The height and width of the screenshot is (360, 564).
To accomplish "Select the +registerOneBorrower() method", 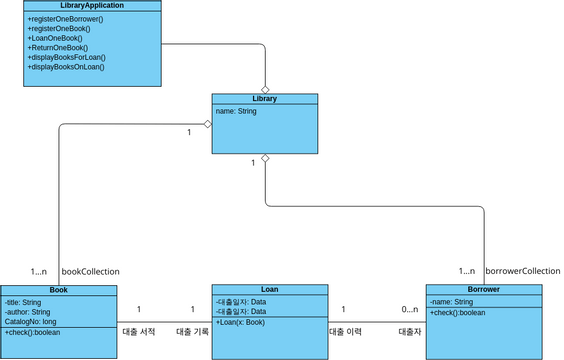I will (x=65, y=19).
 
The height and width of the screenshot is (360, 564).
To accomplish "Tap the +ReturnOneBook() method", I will (x=58, y=48).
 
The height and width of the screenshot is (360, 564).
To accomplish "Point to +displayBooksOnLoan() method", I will (x=66, y=67).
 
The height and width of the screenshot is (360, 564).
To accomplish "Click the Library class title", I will (x=265, y=99).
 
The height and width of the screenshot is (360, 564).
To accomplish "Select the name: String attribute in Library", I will (x=237, y=112).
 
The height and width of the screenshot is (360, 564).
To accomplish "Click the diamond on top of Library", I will (x=265, y=89).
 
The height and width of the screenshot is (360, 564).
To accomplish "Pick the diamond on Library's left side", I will (x=207, y=124).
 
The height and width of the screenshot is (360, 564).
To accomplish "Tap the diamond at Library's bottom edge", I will (x=265, y=159).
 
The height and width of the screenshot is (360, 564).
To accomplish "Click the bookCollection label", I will (x=91, y=271).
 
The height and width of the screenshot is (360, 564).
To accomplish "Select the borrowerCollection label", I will (x=522, y=271).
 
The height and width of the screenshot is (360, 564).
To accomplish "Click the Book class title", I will (x=58, y=290).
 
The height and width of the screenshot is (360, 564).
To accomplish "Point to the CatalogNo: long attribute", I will (x=31, y=322).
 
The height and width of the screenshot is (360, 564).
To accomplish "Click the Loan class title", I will (x=269, y=290).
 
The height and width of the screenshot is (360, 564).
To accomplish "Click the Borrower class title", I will (x=482, y=290).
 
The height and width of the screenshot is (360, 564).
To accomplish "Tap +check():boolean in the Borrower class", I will (x=457, y=313).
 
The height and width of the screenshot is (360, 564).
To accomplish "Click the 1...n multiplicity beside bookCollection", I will (x=39, y=271).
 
